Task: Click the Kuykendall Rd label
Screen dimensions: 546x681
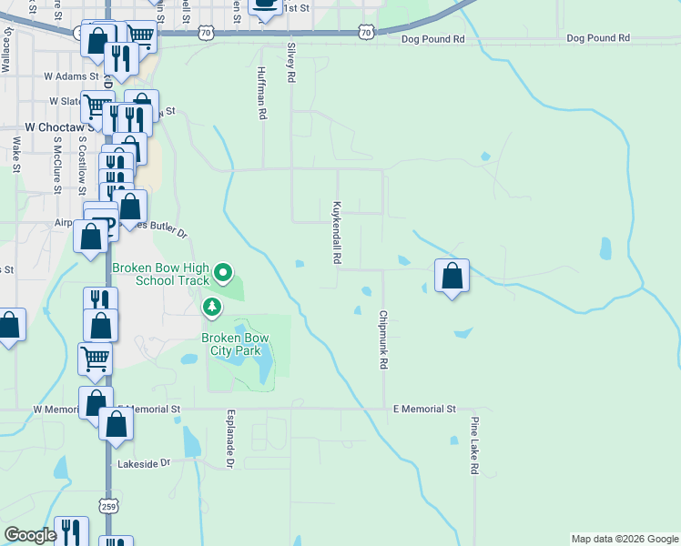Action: coord(337,233)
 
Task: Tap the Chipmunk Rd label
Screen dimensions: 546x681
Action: coord(383,339)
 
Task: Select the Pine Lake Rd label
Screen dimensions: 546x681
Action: coord(474,446)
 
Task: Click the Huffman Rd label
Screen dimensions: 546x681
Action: coord(261,94)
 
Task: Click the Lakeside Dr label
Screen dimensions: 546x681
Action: coord(144,463)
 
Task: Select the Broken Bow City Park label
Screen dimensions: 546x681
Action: coord(231,344)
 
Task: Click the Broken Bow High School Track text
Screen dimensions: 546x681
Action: coord(160,274)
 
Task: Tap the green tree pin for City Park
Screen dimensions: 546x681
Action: coord(212,307)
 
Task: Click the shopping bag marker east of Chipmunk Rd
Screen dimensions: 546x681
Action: coord(452,275)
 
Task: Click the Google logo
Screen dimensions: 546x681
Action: coord(30,535)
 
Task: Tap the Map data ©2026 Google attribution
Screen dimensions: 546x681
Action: coord(624,539)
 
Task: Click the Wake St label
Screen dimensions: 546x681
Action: coord(16,155)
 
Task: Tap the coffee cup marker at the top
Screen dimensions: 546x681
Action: coord(265,7)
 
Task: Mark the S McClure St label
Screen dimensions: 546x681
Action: coord(56,166)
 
